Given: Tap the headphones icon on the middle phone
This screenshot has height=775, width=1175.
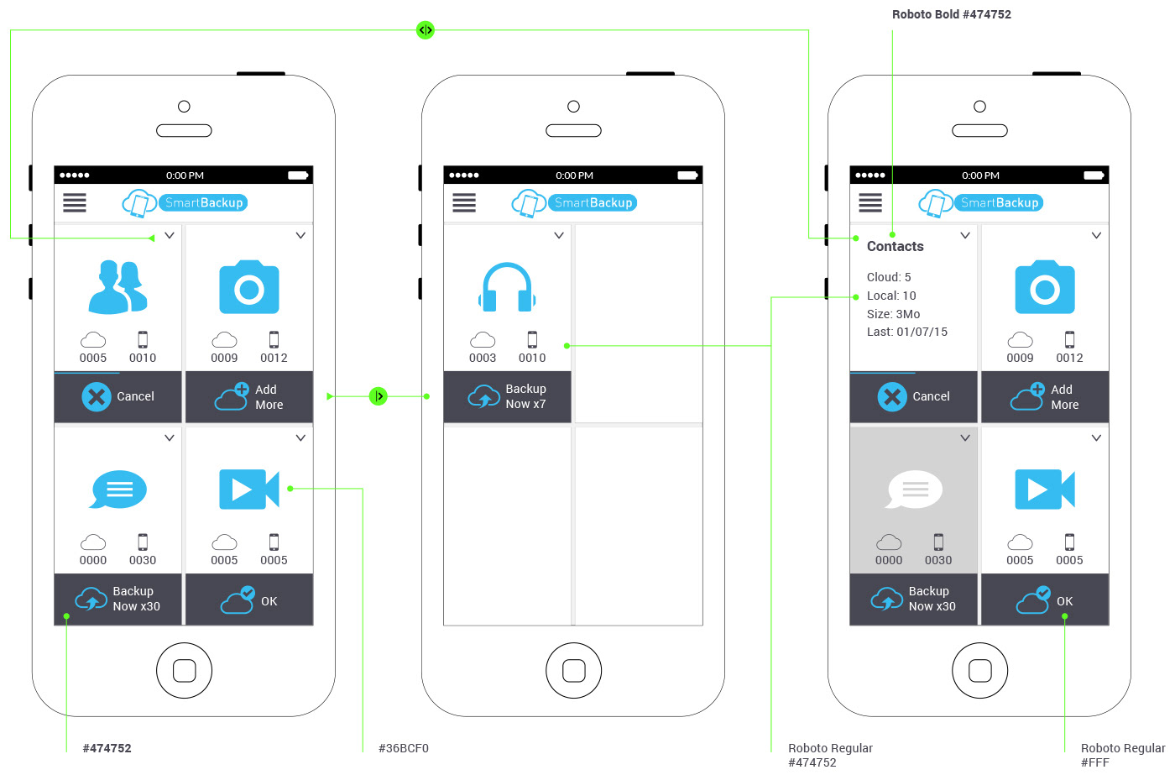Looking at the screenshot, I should [x=507, y=288].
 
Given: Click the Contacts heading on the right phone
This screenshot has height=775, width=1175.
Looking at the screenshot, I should [x=895, y=246].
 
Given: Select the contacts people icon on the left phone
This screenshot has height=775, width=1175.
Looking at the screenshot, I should [x=118, y=288].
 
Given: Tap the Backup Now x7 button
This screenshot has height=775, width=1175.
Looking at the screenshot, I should [x=508, y=396].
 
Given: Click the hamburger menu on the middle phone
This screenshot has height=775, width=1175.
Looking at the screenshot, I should [x=464, y=202].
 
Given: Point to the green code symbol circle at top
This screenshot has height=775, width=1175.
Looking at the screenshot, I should [x=426, y=30].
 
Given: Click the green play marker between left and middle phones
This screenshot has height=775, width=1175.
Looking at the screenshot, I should [x=379, y=396].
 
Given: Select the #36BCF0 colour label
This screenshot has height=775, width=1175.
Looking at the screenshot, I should [x=404, y=748].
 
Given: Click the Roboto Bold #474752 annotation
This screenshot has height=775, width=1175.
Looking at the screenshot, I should [x=951, y=14].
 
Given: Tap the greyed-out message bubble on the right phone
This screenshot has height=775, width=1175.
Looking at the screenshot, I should [x=914, y=490].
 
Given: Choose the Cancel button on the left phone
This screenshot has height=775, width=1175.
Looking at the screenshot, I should [x=118, y=396].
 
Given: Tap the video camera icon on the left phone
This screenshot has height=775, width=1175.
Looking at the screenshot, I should [x=249, y=490].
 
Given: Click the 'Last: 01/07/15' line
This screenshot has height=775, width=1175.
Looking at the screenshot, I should [x=907, y=332].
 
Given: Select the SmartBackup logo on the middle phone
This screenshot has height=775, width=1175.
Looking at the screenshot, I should [x=575, y=202].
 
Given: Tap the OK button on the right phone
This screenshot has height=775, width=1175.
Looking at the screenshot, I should [x=1045, y=600].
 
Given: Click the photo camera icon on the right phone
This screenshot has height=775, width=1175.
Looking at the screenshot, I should [x=1045, y=288].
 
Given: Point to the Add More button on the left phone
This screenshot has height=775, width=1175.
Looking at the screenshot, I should [x=249, y=396].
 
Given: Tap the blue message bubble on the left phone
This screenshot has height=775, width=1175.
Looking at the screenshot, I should [x=118, y=490].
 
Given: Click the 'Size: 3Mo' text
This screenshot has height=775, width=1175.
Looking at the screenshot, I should [x=893, y=314].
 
